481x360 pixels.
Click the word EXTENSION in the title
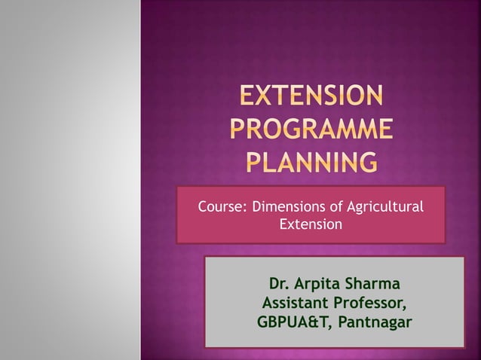[311, 97]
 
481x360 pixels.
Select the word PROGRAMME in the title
[311, 129]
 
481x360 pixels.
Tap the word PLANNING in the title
[311, 160]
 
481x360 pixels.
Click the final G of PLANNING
[366, 160]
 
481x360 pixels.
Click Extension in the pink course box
[311, 224]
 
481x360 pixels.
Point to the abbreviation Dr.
[279, 285]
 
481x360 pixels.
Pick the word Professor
[371, 304]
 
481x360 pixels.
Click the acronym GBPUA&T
[293, 323]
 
